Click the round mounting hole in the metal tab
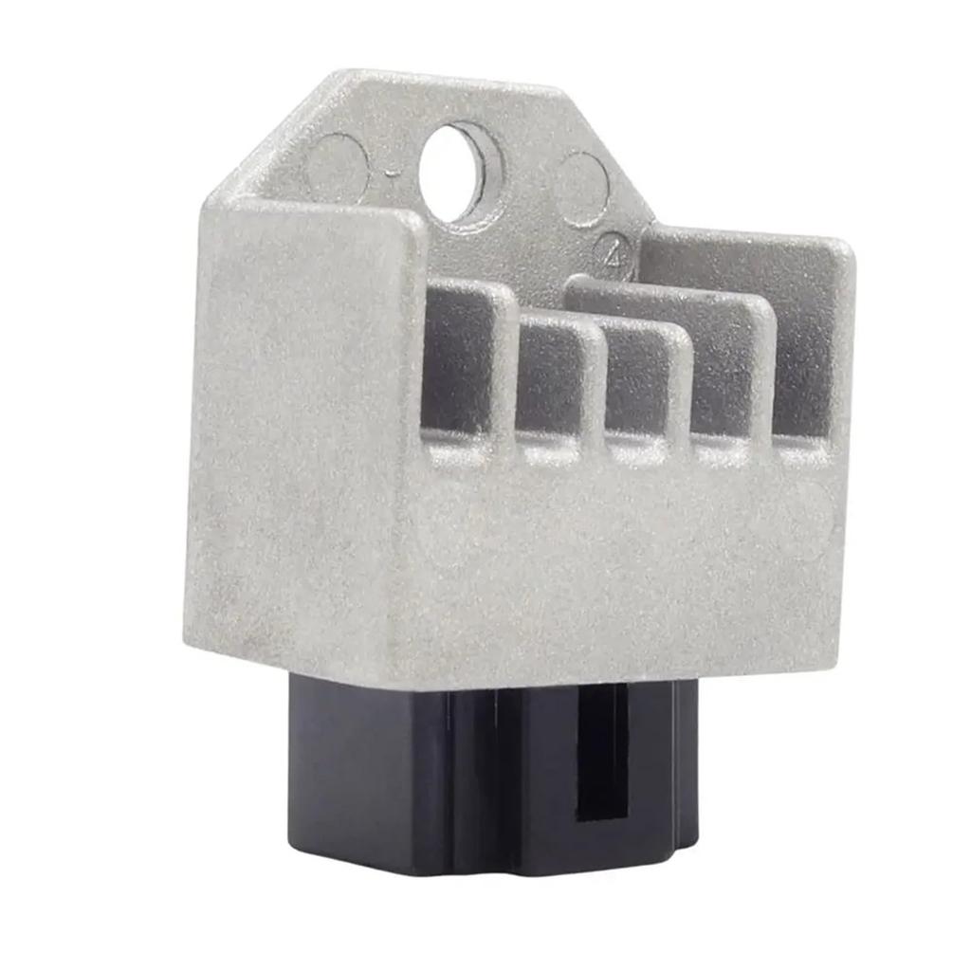456,172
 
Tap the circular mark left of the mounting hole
337,166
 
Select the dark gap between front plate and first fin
441,360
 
